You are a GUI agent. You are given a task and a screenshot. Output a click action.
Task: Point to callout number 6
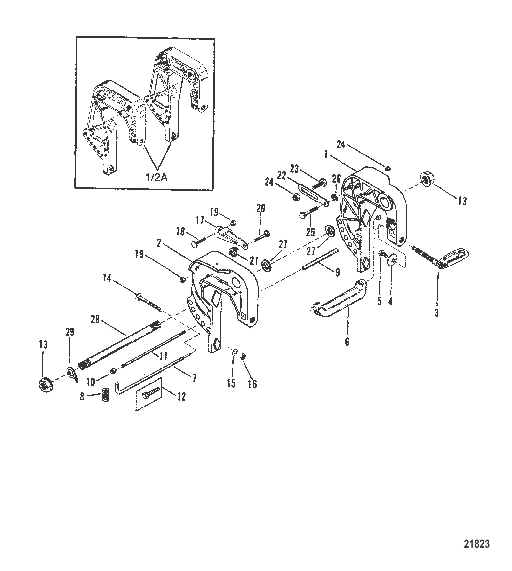pyautogui.click(x=347, y=342)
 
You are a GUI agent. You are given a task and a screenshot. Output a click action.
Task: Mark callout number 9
pyautogui.click(x=337, y=272)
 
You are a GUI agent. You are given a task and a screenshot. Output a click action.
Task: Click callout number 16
pyautogui.click(x=253, y=384)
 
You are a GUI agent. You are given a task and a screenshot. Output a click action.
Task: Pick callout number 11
pyautogui.click(x=163, y=355)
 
